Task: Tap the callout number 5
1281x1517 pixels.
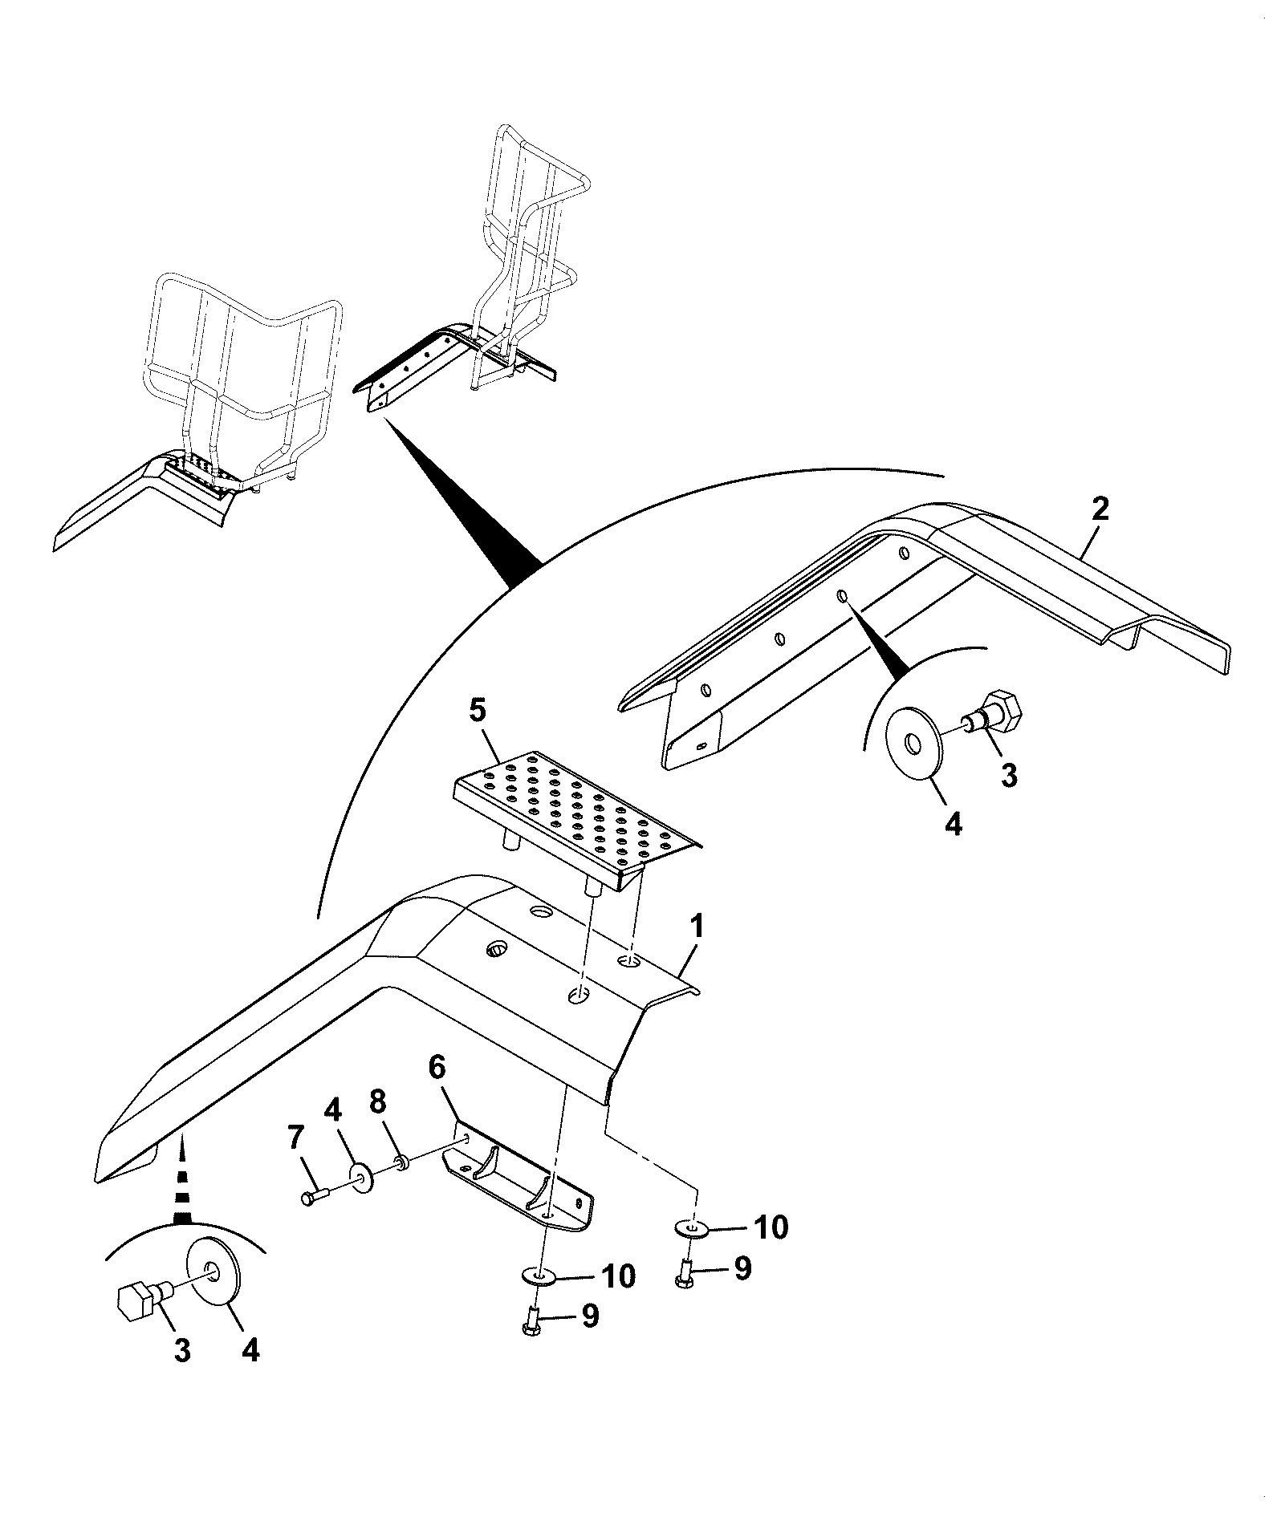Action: click(x=478, y=711)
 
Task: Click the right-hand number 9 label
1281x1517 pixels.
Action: click(x=742, y=1268)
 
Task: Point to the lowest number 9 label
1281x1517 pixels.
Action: click(x=590, y=1337)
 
